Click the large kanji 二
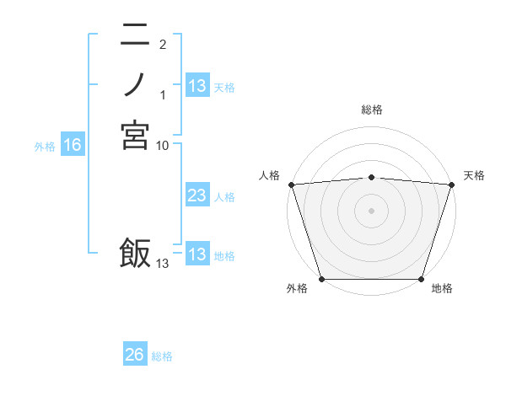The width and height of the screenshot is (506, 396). pyautogui.click(x=135, y=35)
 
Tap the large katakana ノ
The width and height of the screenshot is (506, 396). pyautogui.click(x=135, y=85)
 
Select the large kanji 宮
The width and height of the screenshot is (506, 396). pyautogui.click(x=135, y=135)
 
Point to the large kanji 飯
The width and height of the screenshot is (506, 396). pyautogui.click(x=135, y=253)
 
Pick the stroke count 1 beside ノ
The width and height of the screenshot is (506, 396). pyautogui.click(x=163, y=95)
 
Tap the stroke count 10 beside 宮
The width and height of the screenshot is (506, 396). pyautogui.click(x=163, y=146)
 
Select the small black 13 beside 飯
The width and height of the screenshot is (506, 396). pyautogui.click(x=162, y=264)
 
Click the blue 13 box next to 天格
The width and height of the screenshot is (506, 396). pyautogui.click(x=197, y=85)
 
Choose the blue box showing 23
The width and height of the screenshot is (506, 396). pyautogui.click(x=197, y=196)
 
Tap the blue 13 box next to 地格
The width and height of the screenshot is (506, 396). pyautogui.click(x=197, y=255)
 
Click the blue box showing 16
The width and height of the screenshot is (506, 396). pyautogui.click(x=73, y=146)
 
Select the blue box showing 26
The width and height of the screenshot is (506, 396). pyautogui.click(x=135, y=355)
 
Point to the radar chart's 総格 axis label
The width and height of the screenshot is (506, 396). pyautogui.click(x=372, y=110)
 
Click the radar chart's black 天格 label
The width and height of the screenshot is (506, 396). pyautogui.click(x=474, y=175)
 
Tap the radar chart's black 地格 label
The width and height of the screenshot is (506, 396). pyautogui.click(x=442, y=289)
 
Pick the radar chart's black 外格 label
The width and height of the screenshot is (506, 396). pyautogui.click(x=297, y=289)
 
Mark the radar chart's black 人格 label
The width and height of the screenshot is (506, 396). pyautogui.click(x=269, y=175)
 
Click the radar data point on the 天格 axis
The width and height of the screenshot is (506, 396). pyautogui.click(x=452, y=185)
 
